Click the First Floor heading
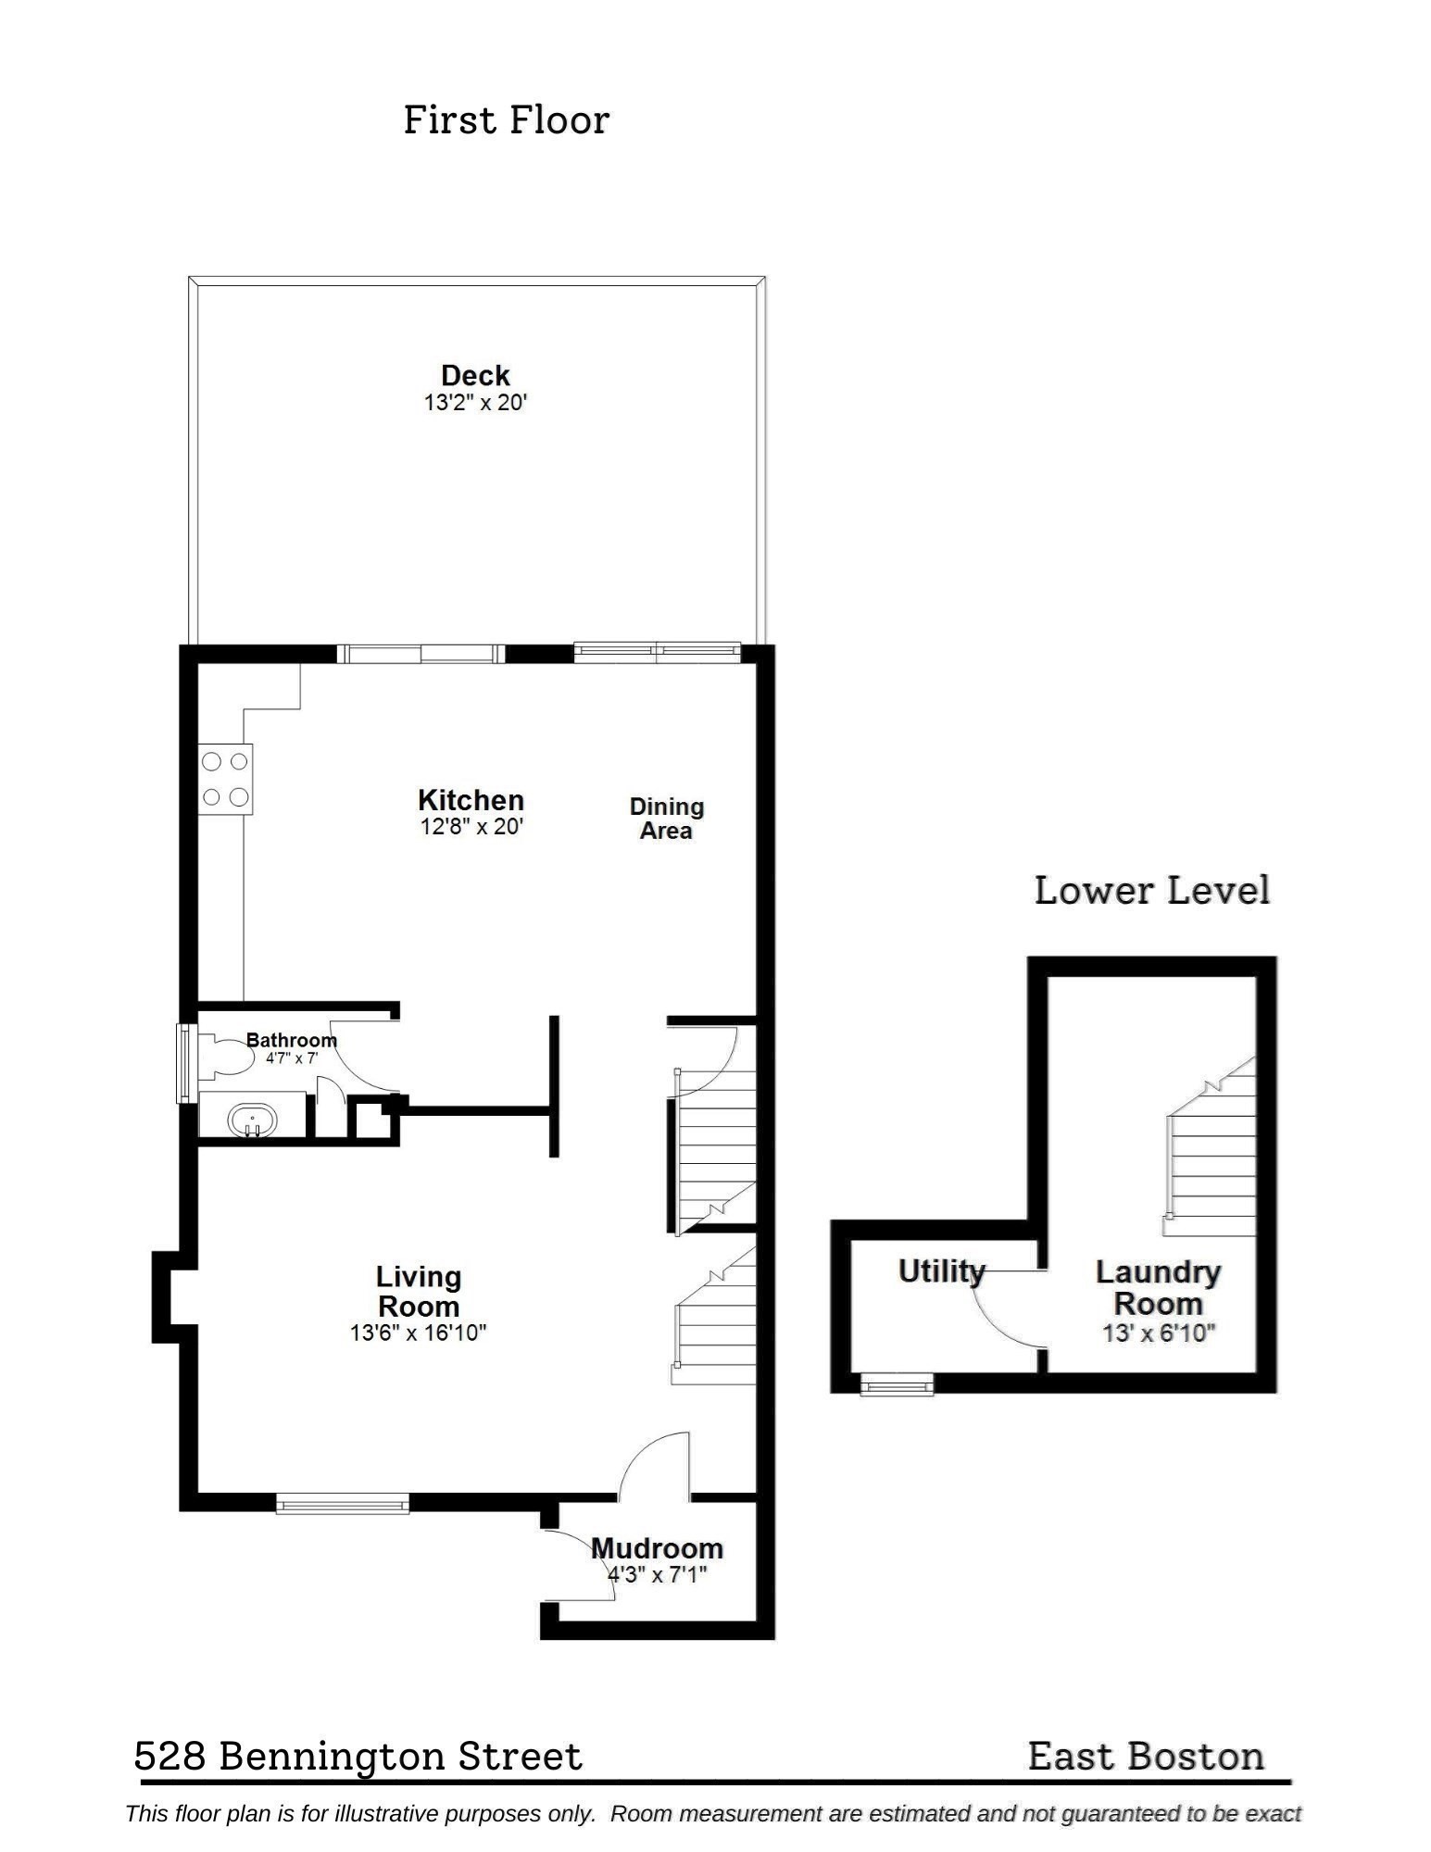506,120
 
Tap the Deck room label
475,375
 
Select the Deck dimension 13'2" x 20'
475,403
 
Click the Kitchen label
471,800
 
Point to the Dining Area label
666,819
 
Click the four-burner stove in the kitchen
225,780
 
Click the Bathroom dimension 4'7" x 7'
292,1058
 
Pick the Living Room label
418,1292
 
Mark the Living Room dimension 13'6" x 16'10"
418,1333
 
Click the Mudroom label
657,1548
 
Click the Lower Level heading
1151,891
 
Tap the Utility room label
941,1271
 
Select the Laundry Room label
1158,1288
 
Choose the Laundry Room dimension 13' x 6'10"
1158,1334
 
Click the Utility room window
897,1385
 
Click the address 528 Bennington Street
358,1757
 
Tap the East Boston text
1146,1757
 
